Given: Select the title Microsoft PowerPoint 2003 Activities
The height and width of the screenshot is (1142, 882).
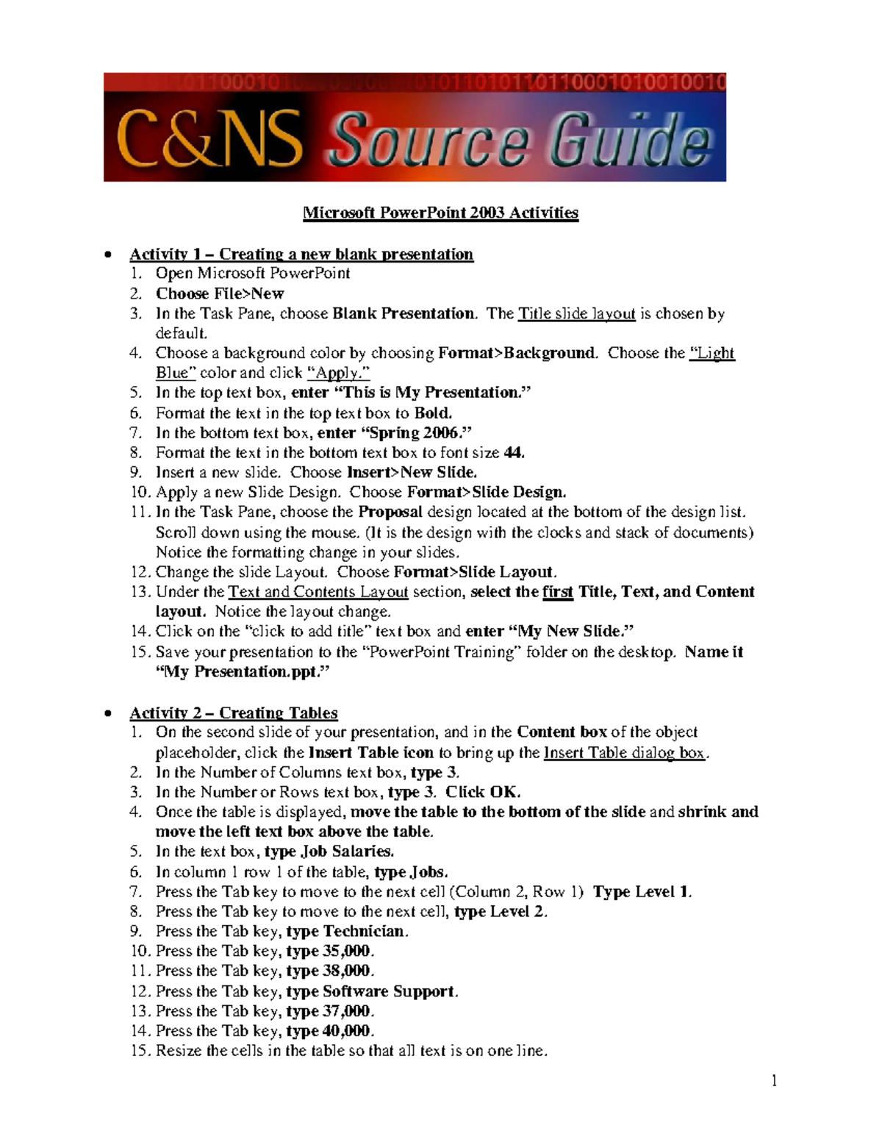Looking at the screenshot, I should [x=440, y=213].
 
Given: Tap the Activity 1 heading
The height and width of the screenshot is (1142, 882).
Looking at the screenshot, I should [x=301, y=254].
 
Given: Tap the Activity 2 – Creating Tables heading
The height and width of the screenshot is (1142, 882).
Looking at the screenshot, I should [x=233, y=713].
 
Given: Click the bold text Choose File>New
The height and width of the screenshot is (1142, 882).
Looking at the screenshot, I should [x=219, y=294].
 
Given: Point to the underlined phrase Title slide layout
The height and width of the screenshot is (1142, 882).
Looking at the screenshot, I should [x=576, y=314].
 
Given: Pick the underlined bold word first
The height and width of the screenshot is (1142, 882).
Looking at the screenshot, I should [x=557, y=592].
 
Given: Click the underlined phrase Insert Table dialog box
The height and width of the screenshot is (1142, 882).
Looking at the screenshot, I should [x=623, y=753].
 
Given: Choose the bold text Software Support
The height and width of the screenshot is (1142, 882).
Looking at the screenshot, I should [x=389, y=991].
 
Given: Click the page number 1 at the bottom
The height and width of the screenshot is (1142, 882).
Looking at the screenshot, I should [x=774, y=1080].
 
